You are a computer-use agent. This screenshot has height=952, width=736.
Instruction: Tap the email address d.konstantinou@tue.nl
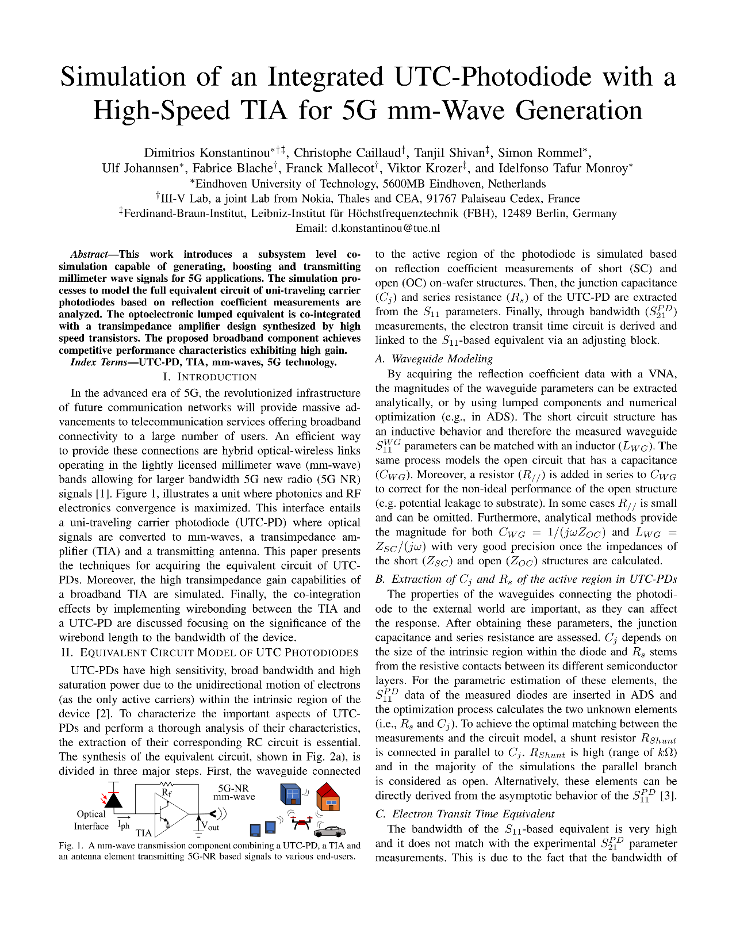(x=385, y=228)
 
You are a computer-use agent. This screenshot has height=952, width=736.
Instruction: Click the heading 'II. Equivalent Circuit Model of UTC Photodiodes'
(x=209, y=652)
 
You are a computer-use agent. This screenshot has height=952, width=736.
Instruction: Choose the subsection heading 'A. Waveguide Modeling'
(x=434, y=358)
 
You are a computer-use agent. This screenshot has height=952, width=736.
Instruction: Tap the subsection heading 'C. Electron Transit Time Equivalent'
(x=465, y=813)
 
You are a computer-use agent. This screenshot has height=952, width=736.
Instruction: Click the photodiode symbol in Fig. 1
(x=114, y=799)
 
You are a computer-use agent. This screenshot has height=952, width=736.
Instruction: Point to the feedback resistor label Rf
(x=167, y=793)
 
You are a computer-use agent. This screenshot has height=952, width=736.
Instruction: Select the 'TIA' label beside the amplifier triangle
(x=144, y=832)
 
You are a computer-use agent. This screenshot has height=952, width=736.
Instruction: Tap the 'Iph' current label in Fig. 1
(x=124, y=825)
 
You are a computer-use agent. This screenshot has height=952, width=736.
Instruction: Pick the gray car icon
(x=330, y=831)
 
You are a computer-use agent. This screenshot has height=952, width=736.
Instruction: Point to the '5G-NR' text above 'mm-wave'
(x=233, y=788)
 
